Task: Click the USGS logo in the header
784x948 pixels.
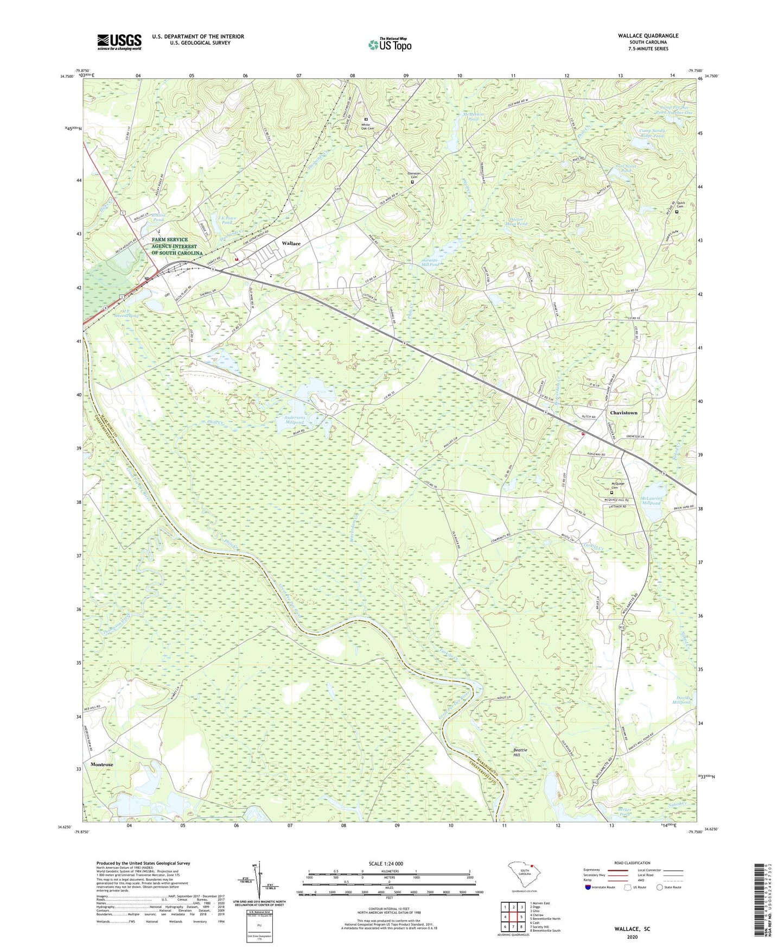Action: coord(119,42)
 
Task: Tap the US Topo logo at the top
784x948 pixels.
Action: coord(389,45)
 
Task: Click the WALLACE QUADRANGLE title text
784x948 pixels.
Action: coord(648,36)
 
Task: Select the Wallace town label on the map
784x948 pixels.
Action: coord(291,243)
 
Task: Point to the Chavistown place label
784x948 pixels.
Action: coord(623,413)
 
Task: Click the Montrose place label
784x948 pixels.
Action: coord(102,764)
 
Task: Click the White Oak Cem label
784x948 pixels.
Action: coord(368,127)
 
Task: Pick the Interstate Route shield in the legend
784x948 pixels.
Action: coord(589,887)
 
